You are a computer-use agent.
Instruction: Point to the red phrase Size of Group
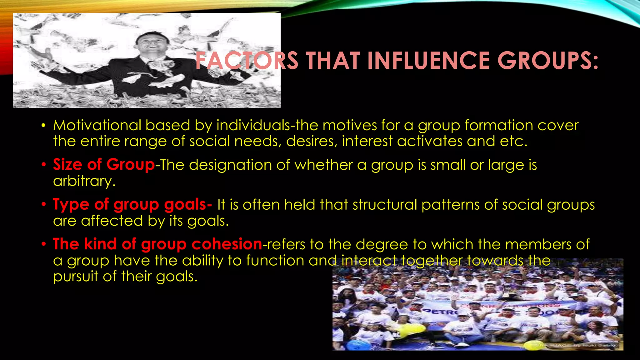(104, 164)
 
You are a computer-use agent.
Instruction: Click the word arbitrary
(84, 181)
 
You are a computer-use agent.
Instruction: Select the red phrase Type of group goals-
(132, 205)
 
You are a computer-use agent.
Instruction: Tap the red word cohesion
(227, 244)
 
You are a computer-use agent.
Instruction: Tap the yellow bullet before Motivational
(44, 126)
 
